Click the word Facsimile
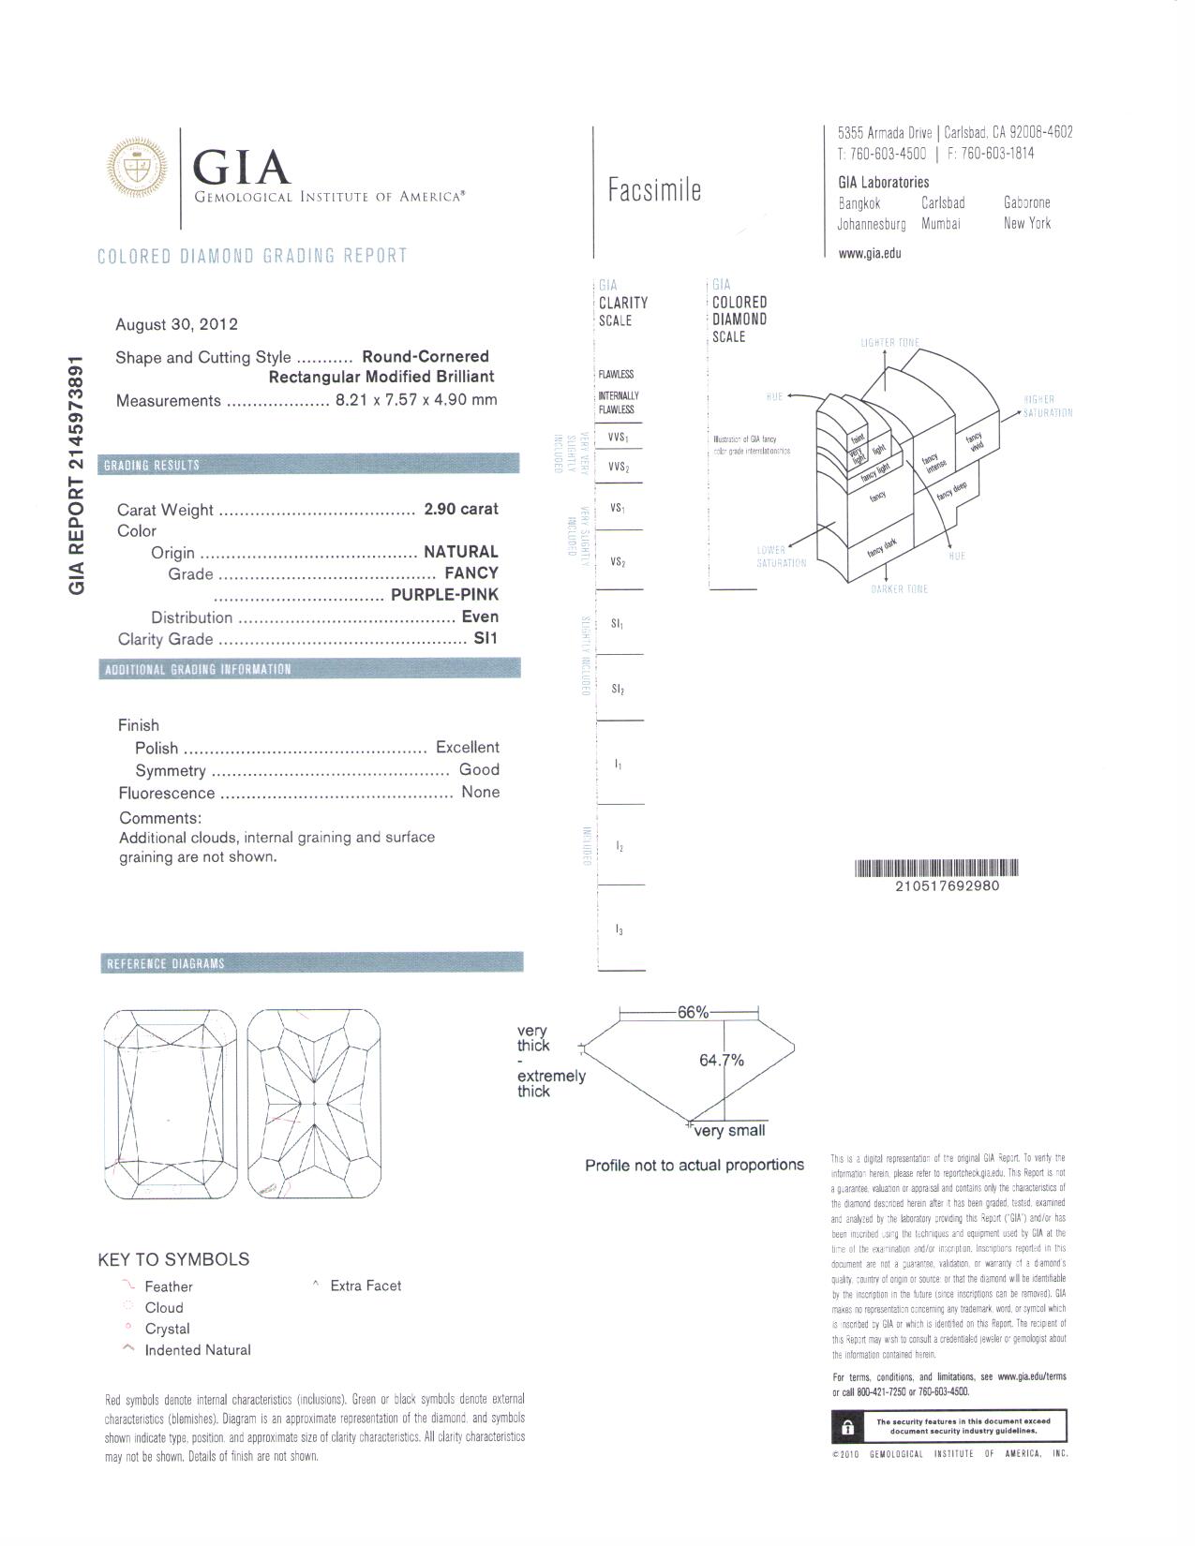point(654,190)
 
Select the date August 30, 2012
point(176,324)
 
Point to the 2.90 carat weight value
point(460,509)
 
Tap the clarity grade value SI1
point(486,639)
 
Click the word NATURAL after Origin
point(460,552)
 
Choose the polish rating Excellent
point(467,747)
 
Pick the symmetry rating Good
point(479,769)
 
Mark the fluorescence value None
point(480,792)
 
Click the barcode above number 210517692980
point(936,868)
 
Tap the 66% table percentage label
point(693,1012)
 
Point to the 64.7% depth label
point(722,1060)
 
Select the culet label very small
point(729,1130)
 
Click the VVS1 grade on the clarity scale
point(618,438)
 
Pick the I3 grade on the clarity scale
point(620,929)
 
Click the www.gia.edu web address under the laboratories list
point(870,252)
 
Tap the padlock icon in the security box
point(847,1427)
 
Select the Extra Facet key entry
point(365,1286)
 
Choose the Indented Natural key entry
point(197,1350)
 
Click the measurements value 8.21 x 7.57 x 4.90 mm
point(416,400)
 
